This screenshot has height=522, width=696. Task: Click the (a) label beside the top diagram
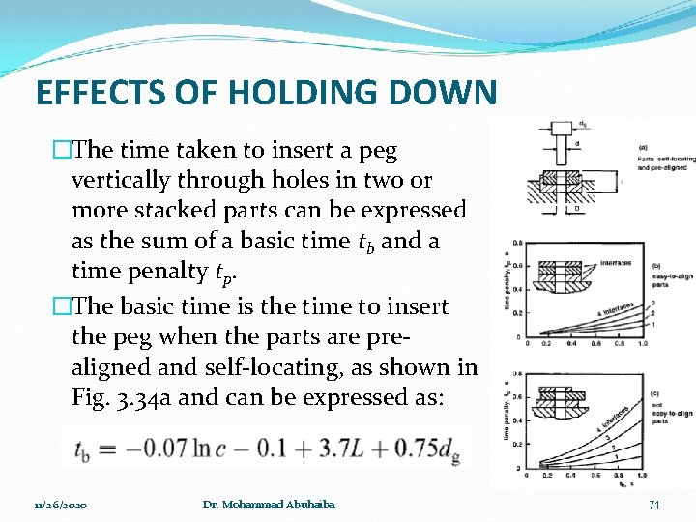click(x=644, y=147)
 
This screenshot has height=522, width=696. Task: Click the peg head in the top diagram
click(x=563, y=128)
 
